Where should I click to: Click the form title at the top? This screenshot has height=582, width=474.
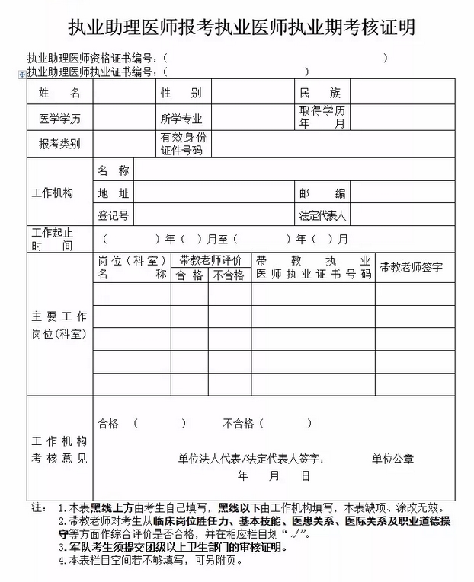click(237, 28)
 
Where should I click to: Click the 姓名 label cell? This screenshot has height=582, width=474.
click(59, 93)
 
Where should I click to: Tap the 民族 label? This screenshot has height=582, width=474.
click(320, 93)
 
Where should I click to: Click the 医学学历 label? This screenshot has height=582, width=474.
click(59, 119)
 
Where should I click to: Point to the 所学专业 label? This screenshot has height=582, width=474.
click(181, 119)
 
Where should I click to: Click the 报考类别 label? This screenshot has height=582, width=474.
click(59, 144)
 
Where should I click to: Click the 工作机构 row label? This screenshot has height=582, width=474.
click(53, 193)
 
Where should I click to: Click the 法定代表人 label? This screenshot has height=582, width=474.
click(323, 215)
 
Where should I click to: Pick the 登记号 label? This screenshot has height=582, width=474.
click(113, 215)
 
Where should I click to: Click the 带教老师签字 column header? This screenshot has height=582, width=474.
click(412, 267)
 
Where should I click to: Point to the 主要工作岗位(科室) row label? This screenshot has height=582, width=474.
click(59, 325)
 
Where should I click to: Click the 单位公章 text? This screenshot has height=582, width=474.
click(392, 458)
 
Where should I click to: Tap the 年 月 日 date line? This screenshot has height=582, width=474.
click(274, 475)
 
